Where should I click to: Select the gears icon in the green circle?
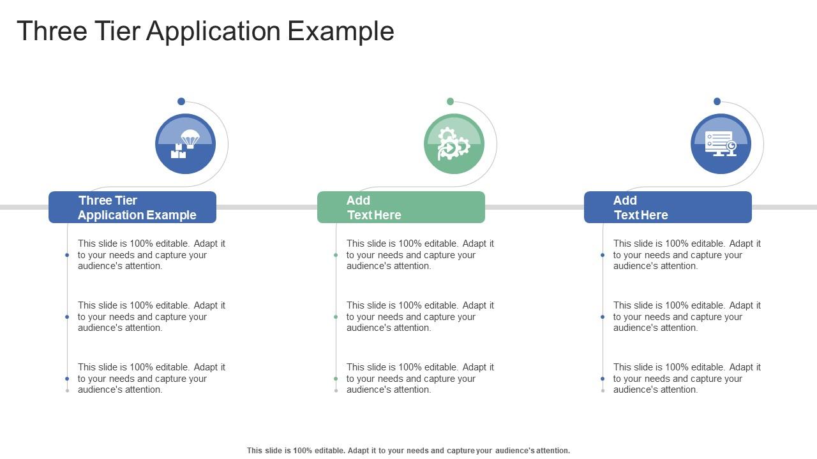[x=454, y=144]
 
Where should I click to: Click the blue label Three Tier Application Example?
[x=132, y=207]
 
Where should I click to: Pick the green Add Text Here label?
[x=401, y=207]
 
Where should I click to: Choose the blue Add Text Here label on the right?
[x=668, y=207]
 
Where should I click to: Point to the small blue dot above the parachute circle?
[x=181, y=101]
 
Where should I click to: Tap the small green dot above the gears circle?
[x=450, y=101]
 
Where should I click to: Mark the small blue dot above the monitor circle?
[x=717, y=101]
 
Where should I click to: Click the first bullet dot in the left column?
[x=67, y=255]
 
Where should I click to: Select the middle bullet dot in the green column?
[x=336, y=317]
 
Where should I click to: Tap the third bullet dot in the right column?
[x=603, y=379]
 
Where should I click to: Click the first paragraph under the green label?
[x=420, y=254]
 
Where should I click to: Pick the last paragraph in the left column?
[x=151, y=378]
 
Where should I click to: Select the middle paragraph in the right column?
[x=687, y=316]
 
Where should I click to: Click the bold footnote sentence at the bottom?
[x=408, y=450]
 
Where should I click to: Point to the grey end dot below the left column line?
[x=67, y=391]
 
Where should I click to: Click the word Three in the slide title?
[x=52, y=31]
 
